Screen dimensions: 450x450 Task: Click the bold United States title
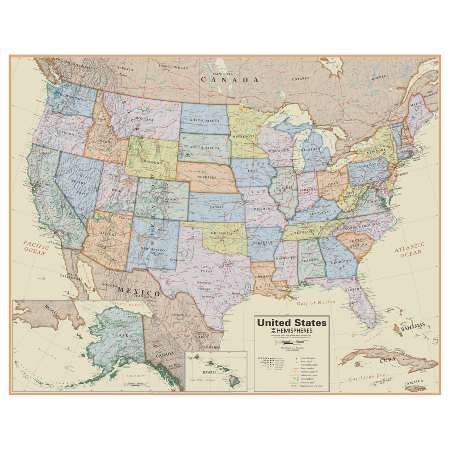tap(292, 322)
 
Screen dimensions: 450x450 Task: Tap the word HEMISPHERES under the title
tap(294, 331)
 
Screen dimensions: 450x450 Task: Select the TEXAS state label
tap(206, 271)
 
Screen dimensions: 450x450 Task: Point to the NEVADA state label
tap(78, 183)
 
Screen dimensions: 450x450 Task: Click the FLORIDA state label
tap(354, 289)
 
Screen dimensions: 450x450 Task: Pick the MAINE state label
tap(416, 105)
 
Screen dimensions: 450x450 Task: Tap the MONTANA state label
tap(145, 119)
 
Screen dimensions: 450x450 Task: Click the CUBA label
tap(388, 360)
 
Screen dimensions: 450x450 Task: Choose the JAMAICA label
tap(414, 382)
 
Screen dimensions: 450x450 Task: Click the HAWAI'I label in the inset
tap(209, 372)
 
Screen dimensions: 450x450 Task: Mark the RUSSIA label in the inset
tap(51, 310)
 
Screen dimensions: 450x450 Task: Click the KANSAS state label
tap(216, 207)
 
